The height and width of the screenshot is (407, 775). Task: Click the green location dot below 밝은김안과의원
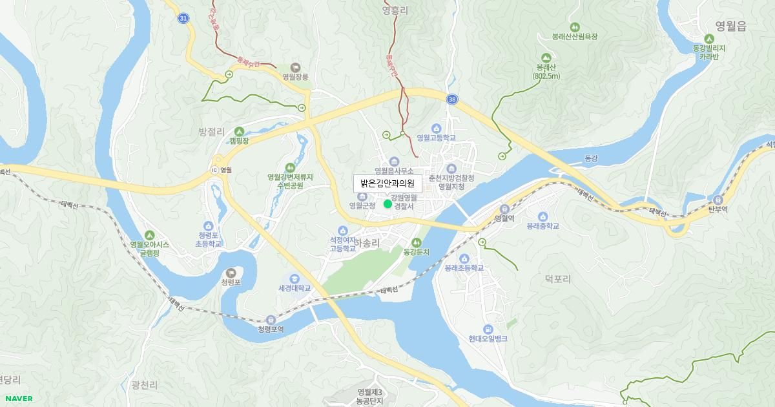pyautogui.click(x=387, y=204)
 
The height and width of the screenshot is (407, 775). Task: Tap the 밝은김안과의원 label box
pyautogui.click(x=387, y=183)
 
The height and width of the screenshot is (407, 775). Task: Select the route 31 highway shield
pyautogui.click(x=184, y=19)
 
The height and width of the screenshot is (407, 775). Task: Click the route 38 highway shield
pyautogui.click(x=452, y=99)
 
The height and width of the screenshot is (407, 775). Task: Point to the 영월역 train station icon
pyautogui.click(x=504, y=209)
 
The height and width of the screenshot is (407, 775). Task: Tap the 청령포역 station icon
pyautogui.click(x=271, y=320)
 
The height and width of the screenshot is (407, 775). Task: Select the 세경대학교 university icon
pyautogui.click(x=294, y=278)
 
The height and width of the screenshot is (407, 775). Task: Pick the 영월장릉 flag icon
pyautogui.click(x=295, y=67)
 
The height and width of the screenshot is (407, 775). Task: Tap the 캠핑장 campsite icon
pyautogui.click(x=239, y=131)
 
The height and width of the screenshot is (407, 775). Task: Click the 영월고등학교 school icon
pyautogui.click(x=436, y=128)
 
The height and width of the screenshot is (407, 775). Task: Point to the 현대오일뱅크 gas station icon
pyautogui.click(x=488, y=329)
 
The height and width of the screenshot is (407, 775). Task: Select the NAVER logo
pyautogui.click(x=18, y=399)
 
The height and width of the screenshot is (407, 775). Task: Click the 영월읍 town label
pyautogui.click(x=730, y=26)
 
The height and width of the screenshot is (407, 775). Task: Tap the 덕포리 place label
pyautogui.click(x=558, y=279)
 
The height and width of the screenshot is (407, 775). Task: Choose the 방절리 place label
pyautogui.click(x=211, y=131)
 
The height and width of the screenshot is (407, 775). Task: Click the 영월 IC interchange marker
pyautogui.click(x=214, y=170)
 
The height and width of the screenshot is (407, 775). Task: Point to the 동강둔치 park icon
pyautogui.click(x=417, y=242)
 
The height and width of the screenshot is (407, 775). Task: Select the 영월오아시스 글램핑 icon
pyautogui.click(x=150, y=235)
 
